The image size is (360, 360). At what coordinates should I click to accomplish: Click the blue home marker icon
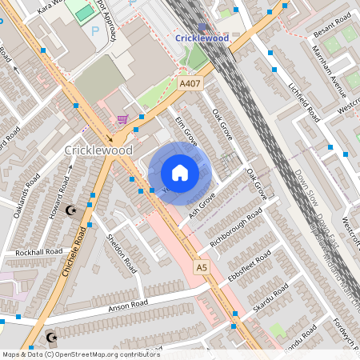point(180,173)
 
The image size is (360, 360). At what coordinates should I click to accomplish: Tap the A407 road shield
point(190,83)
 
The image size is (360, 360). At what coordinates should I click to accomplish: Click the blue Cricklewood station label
point(202,38)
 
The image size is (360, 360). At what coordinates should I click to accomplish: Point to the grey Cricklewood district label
point(98,150)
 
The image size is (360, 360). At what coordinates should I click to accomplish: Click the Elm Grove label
point(186,130)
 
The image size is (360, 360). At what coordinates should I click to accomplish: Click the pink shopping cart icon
point(122,119)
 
